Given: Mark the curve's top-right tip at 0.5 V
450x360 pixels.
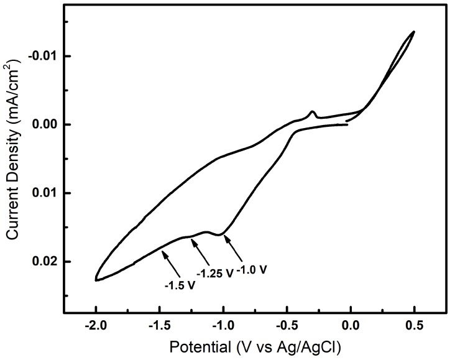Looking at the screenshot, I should [x=413, y=32].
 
